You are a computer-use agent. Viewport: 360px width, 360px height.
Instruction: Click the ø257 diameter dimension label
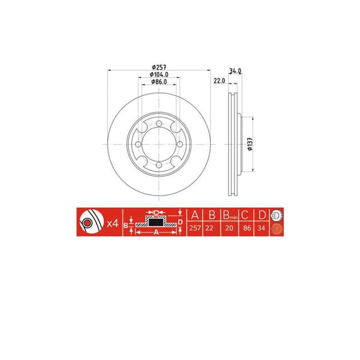point(158,67)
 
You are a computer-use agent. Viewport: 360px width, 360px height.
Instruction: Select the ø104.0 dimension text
point(159,75)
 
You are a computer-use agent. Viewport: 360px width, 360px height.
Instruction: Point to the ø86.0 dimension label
point(158,82)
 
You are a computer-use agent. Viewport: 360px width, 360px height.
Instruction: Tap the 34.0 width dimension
point(235,70)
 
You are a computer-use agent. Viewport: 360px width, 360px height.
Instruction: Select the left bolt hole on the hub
point(139,145)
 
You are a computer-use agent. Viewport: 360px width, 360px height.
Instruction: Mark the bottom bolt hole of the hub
point(158,164)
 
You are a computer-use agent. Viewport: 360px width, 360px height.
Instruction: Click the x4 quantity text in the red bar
point(112,224)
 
